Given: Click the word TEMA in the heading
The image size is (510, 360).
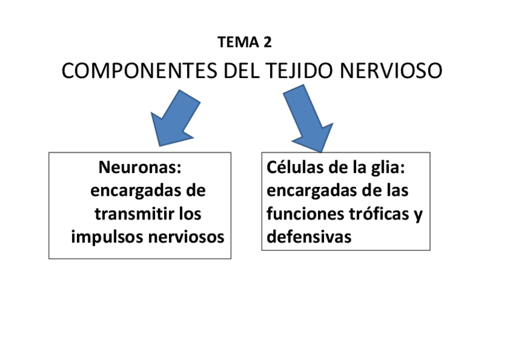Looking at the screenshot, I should [x=236, y=42].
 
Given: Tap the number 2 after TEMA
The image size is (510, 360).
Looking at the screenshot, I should [x=267, y=42].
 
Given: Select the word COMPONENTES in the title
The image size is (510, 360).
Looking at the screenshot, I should [x=140, y=70].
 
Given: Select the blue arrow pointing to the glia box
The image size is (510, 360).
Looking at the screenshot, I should [x=309, y=117].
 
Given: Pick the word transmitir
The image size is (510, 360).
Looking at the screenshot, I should [x=130, y=214].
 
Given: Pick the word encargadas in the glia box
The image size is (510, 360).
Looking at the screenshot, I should [x=307, y=191].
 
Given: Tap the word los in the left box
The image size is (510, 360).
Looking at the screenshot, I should [x=189, y=214].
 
